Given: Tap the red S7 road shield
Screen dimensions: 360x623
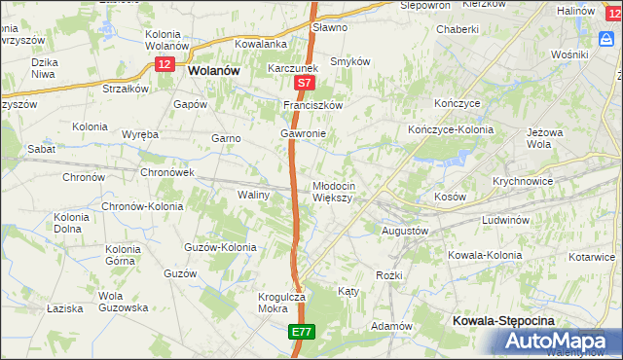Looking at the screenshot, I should pos(304,85).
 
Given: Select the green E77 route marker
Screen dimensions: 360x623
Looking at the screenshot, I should pos(301,332).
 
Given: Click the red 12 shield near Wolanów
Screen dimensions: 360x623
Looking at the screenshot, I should pos(165,62).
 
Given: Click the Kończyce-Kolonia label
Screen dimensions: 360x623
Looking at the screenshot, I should pos(450,129).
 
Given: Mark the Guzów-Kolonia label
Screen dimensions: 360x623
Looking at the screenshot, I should pos(220,247).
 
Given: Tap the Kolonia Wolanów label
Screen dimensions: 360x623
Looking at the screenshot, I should pos(166,40).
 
